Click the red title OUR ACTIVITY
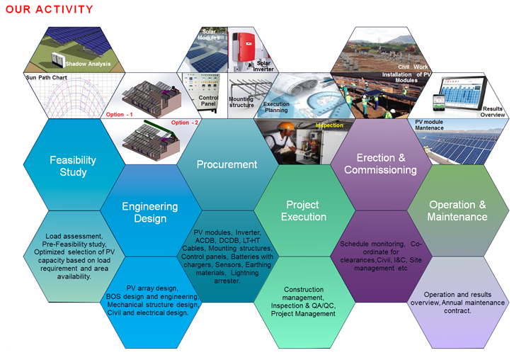pyautogui.click(x=49, y=9)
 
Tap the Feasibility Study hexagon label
pyautogui.click(x=73, y=166)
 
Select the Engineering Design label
pyautogui.click(x=150, y=213)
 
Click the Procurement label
pyautogui.click(x=227, y=164)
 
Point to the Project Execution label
pyautogui.click(x=304, y=210)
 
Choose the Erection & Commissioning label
pyautogui.click(x=381, y=164)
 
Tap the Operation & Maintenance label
pyautogui.click(x=457, y=210)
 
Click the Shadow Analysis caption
pyautogui.click(x=88, y=64)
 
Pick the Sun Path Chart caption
pyautogui.click(x=46, y=77)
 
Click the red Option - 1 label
pyautogui.click(x=120, y=115)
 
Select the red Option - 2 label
pyautogui.click(x=185, y=123)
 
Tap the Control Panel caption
pyautogui.click(x=208, y=101)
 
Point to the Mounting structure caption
pyautogui.click(x=241, y=102)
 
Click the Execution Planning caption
pyautogui.click(x=276, y=107)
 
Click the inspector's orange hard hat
pyautogui.click(x=286, y=126)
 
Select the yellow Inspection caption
pyautogui.click(x=329, y=125)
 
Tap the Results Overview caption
pyautogui.click(x=492, y=111)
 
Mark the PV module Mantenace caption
pyautogui.click(x=429, y=125)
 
